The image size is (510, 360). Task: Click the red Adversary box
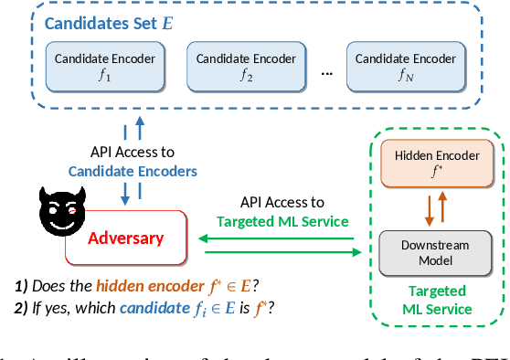(x=126, y=238)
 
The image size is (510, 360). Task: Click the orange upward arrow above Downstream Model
(x=443, y=207)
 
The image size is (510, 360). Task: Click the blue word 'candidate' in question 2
(x=153, y=308)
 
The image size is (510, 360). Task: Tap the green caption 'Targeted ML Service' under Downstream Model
(x=436, y=301)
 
